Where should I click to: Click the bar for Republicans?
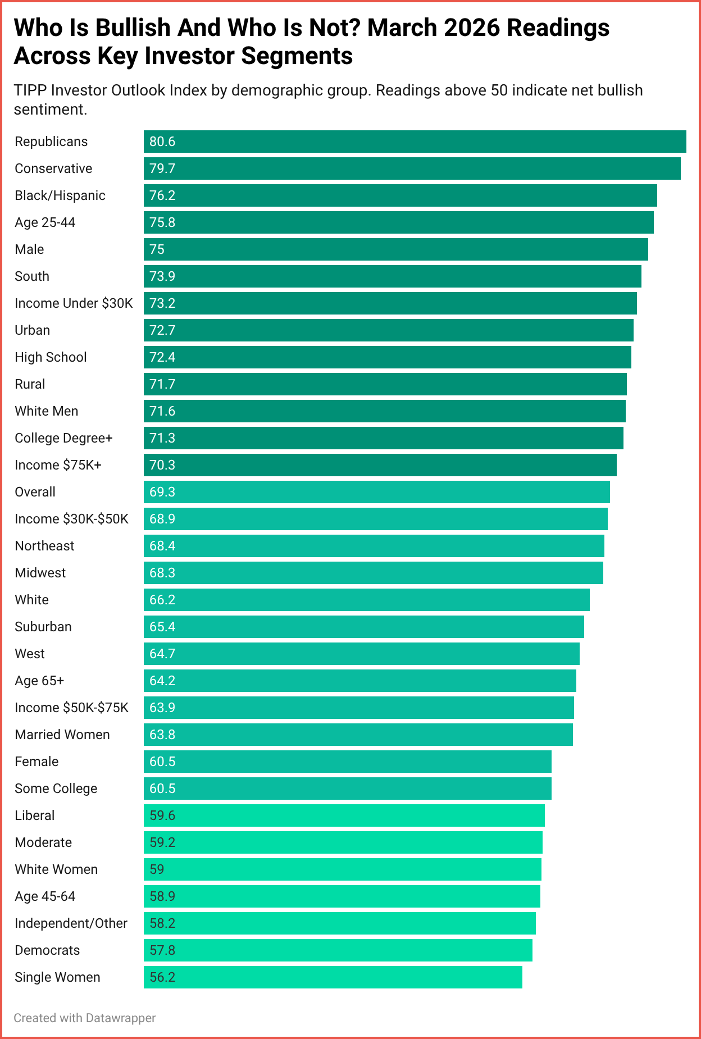click(415, 142)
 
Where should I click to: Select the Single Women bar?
click(333, 977)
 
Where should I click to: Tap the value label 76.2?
click(162, 195)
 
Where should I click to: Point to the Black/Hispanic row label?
click(60, 195)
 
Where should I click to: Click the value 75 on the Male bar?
click(157, 249)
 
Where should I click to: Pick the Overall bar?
click(376, 492)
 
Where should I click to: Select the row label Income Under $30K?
click(74, 303)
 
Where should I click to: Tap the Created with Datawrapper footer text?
click(84, 1018)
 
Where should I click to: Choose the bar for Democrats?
click(338, 950)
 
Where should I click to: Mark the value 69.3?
click(162, 492)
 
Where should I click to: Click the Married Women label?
click(62, 735)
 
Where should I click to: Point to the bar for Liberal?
click(344, 815)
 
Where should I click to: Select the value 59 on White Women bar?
click(157, 869)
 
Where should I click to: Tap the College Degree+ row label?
click(63, 438)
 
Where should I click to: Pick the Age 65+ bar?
click(359, 681)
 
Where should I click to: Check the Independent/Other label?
click(71, 923)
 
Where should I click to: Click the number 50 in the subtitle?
click(499, 90)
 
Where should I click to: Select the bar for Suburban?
click(363, 627)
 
